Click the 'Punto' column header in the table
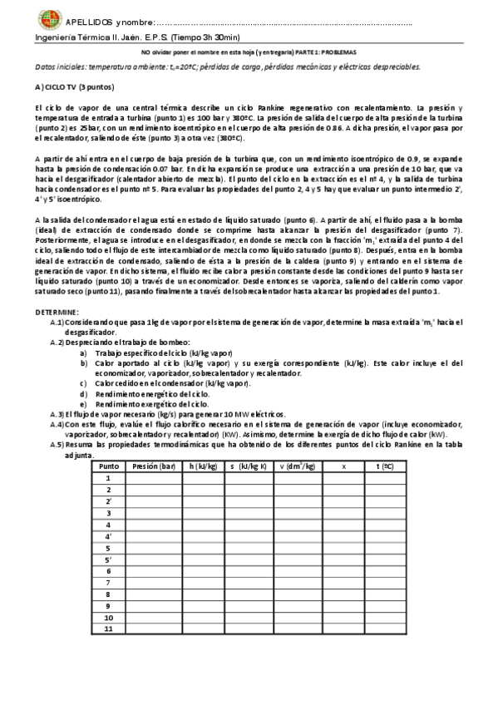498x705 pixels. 109,466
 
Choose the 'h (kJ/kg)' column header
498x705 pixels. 203,466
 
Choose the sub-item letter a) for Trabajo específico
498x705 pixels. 83,352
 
